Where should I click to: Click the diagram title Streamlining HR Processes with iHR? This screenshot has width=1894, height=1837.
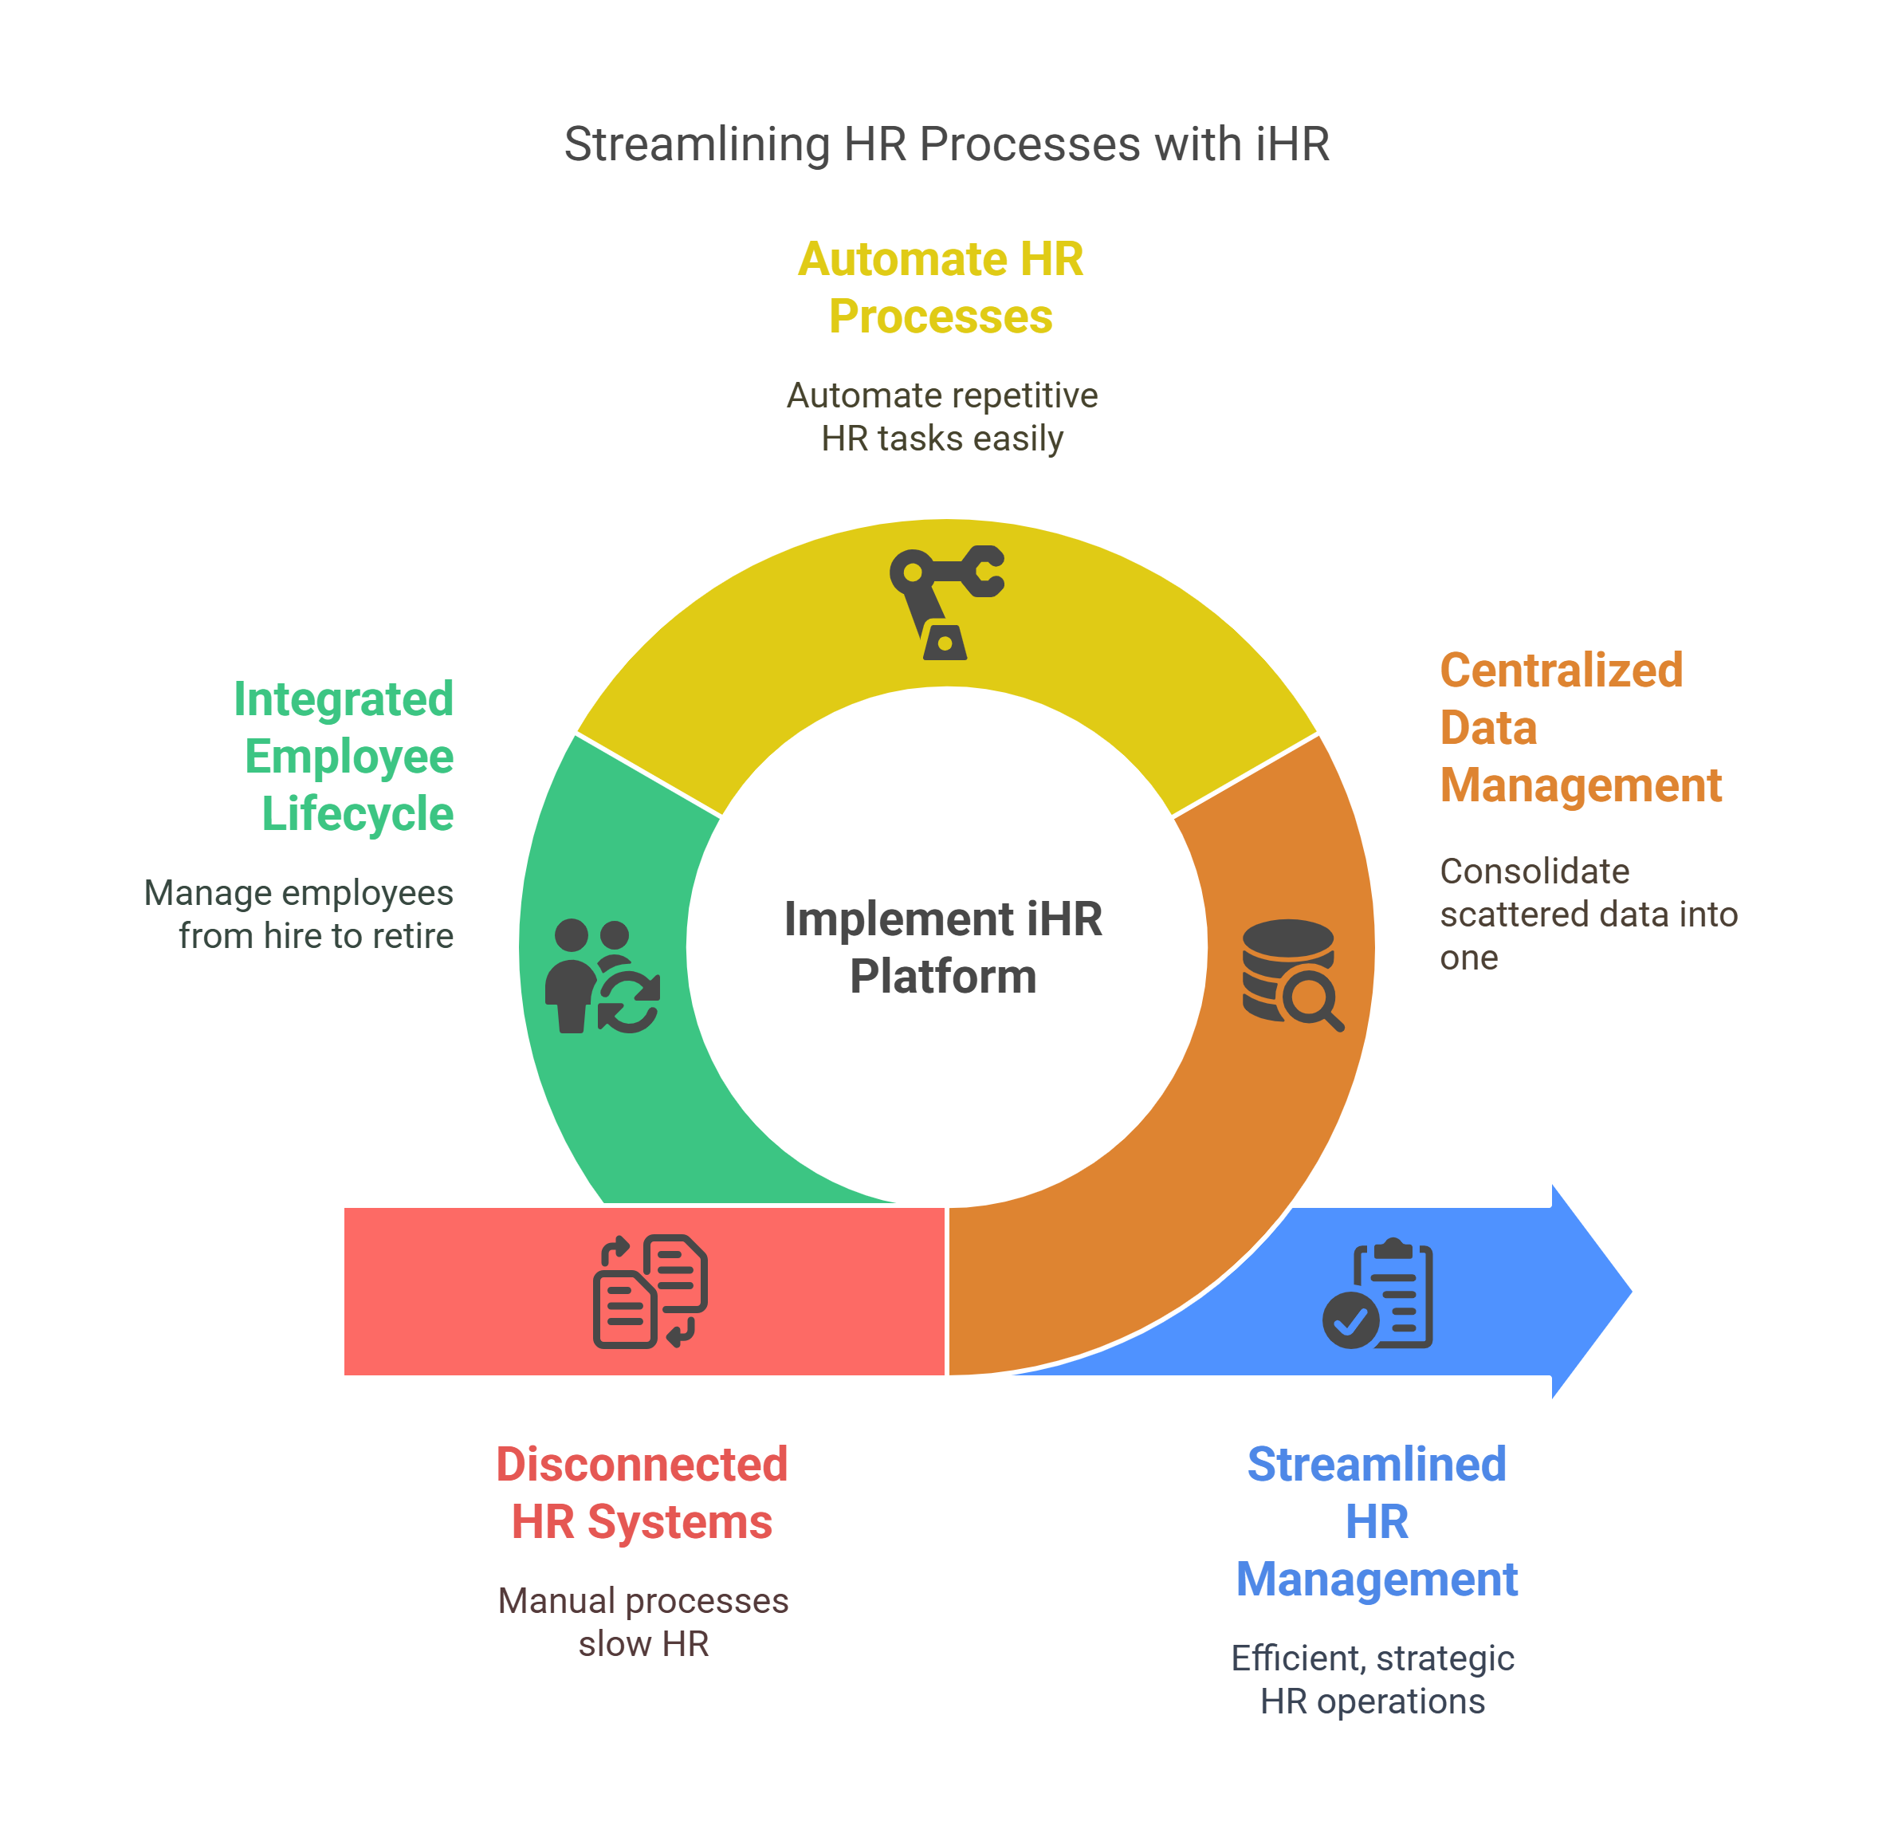point(946,144)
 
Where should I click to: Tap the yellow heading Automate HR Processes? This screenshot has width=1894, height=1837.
point(941,288)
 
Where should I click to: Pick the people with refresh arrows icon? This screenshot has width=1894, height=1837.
point(602,975)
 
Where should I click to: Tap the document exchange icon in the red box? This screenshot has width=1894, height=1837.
point(650,1290)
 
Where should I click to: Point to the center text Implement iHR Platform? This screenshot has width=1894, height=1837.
point(943,947)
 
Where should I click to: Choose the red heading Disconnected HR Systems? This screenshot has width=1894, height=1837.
point(642,1493)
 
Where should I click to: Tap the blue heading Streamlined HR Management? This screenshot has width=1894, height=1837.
point(1376,1522)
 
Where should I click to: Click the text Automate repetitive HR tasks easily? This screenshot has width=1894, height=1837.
point(942,416)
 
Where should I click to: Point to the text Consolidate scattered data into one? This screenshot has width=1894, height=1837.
point(1587,915)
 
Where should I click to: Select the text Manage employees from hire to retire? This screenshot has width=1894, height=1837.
point(300,915)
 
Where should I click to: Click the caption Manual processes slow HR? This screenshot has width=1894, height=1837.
point(642,1623)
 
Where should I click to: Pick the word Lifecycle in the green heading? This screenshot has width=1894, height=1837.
point(358,813)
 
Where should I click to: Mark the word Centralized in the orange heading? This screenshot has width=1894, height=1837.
point(1561,670)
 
